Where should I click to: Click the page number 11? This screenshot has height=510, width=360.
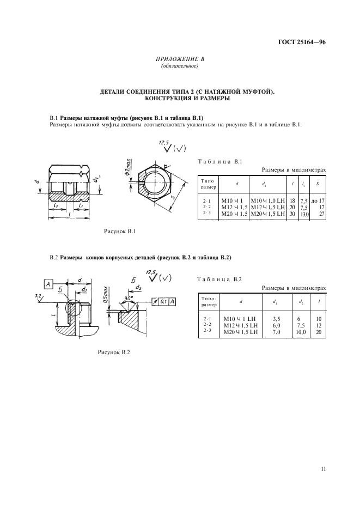click(323, 467)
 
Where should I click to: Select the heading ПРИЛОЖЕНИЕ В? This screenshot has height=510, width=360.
click(179, 59)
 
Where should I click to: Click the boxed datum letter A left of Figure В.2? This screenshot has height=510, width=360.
click(47, 284)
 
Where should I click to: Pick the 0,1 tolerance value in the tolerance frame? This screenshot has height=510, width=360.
click(163, 301)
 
